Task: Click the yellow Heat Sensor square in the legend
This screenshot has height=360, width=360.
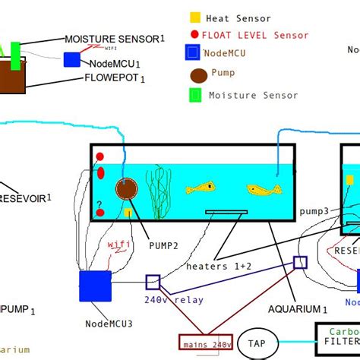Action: click(195, 17)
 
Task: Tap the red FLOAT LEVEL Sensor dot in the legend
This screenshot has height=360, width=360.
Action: click(195, 35)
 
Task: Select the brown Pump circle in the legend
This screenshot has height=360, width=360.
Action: click(198, 76)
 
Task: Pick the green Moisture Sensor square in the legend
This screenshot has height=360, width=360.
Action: click(195, 95)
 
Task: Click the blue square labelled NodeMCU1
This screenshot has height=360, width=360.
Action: click(71, 60)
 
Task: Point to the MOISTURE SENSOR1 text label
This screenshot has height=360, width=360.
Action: click(114, 38)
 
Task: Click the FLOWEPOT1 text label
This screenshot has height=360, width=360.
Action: click(115, 77)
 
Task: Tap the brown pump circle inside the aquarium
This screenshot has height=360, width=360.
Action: click(126, 190)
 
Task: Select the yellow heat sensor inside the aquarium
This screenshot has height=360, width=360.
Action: click(128, 213)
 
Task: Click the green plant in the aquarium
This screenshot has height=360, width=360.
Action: click(158, 194)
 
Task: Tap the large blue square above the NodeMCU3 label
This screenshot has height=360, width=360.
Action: click(95, 286)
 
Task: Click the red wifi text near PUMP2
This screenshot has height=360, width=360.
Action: click(119, 245)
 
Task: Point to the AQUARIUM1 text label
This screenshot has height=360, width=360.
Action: click(298, 309)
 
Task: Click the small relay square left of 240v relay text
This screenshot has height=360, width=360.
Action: click(153, 282)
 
